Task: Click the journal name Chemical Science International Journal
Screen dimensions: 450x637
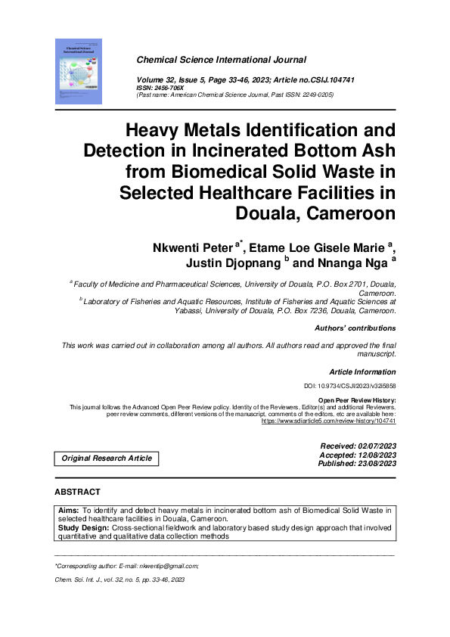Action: (221, 59)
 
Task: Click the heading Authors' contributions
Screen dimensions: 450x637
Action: (355, 328)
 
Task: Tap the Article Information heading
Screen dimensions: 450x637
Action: (362, 371)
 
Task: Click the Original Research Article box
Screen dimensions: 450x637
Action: (107, 458)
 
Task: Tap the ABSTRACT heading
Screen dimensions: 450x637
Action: (78, 492)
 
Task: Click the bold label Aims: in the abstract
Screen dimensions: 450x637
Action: (69, 512)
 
